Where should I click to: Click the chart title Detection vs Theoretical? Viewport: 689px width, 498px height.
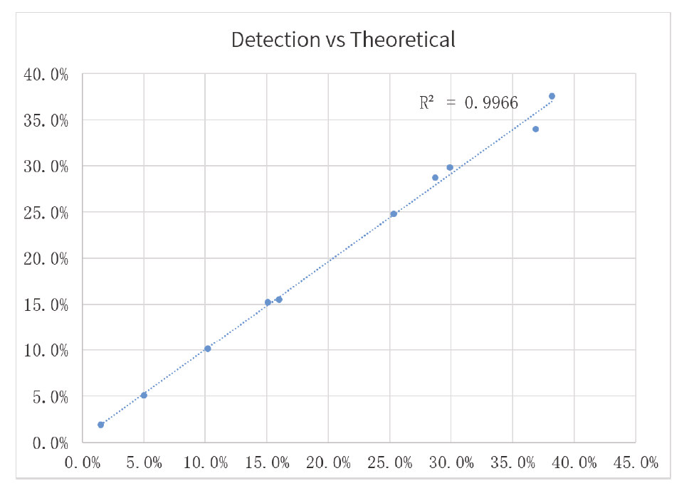[x=343, y=40]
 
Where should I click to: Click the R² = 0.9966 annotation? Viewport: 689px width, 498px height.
[x=468, y=102]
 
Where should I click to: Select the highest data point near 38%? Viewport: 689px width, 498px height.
[x=552, y=96]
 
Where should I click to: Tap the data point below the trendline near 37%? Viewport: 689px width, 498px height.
[x=535, y=129]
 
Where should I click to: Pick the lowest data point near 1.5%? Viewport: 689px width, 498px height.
[x=101, y=425]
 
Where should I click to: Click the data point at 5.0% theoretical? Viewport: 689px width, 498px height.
[x=144, y=395]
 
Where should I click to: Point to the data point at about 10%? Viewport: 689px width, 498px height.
[x=208, y=349]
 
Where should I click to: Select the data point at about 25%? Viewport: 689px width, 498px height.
[x=394, y=213]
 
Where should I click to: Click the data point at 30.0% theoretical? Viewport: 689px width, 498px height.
[x=450, y=167]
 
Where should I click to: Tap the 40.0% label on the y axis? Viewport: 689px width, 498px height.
[x=46, y=75]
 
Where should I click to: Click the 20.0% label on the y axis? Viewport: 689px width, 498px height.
[x=46, y=259]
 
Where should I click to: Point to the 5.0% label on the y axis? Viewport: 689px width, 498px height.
[x=49, y=397]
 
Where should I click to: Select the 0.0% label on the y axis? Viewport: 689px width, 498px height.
[x=49, y=443]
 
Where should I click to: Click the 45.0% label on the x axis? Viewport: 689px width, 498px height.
[x=636, y=463]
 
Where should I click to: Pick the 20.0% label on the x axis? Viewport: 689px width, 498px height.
[x=329, y=463]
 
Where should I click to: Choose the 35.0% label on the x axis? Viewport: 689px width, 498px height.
[x=513, y=463]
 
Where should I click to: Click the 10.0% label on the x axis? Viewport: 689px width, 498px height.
[x=206, y=463]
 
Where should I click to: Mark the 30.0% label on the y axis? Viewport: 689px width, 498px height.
[x=46, y=167]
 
